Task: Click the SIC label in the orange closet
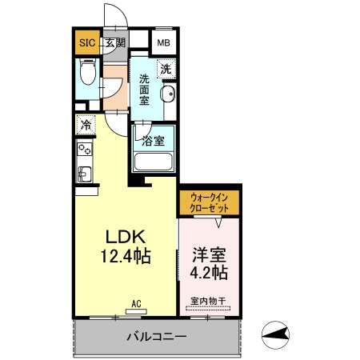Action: coord(86,43)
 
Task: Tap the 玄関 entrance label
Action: coord(115,43)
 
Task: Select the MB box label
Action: coord(163,43)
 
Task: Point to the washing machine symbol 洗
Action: coord(166,69)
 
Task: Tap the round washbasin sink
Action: coord(168,96)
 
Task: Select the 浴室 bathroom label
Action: coord(154,141)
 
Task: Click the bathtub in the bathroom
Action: coord(154,161)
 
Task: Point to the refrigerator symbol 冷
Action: coord(86,126)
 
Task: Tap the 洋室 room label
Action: coord(210,254)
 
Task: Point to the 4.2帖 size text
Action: coord(210,273)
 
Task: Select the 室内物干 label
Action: coord(208,302)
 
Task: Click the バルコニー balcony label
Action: coord(157,337)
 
